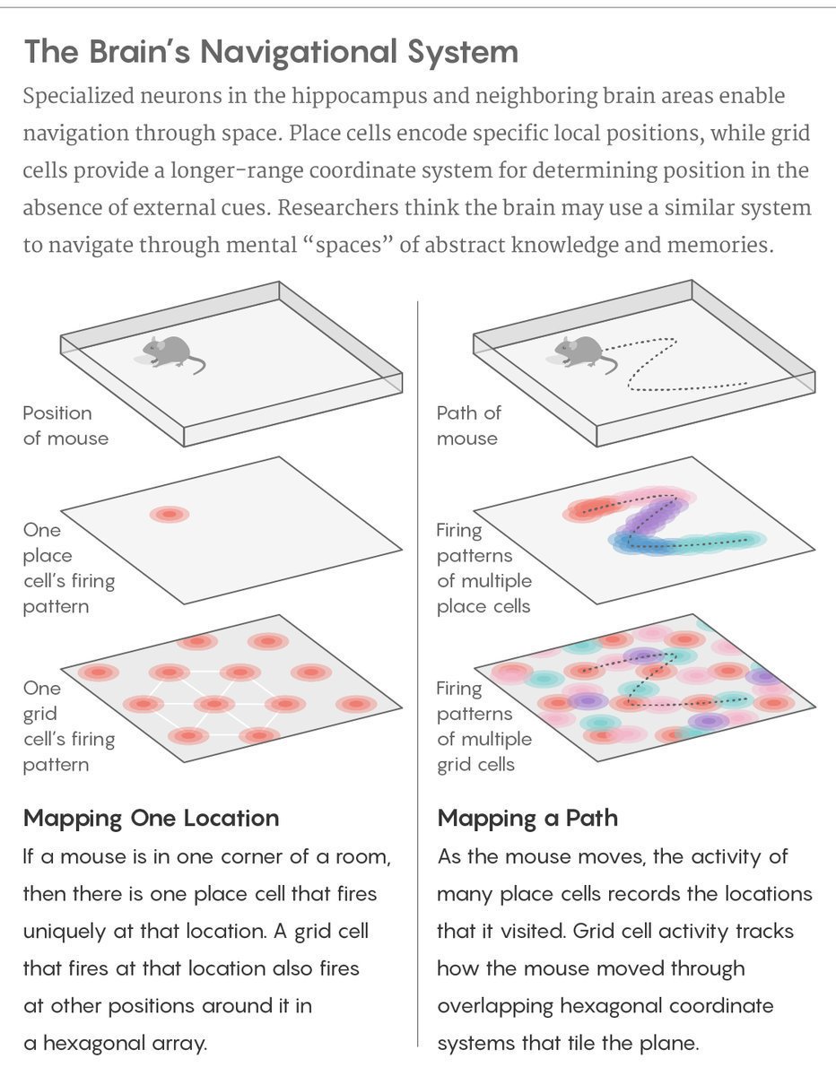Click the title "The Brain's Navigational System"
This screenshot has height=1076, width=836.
271,52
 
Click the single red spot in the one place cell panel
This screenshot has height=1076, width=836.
170,515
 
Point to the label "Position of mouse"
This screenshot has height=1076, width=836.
65,426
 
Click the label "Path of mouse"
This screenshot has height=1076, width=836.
468,426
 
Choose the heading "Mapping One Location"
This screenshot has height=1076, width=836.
151,818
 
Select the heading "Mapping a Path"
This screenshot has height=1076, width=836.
527,818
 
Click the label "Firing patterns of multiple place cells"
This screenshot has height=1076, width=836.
483,568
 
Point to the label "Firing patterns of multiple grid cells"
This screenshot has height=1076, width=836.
483,726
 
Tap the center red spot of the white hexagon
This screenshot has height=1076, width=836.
213,703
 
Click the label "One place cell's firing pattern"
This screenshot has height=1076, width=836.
67,568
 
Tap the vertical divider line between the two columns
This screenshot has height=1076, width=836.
418,672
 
